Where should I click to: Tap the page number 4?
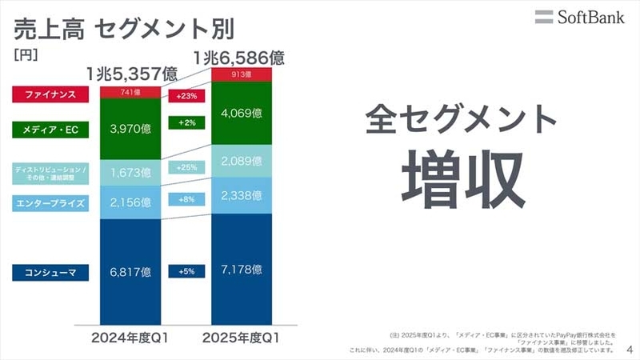[x=630, y=350]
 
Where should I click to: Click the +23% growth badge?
[x=187, y=96]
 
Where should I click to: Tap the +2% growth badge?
[x=187, y=122]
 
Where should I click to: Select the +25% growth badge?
[x=187, y=167]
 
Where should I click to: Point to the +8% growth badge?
[x=187, y=200]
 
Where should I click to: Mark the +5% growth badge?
[x=187, y=270]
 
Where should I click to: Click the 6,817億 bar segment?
[x=130, y=270]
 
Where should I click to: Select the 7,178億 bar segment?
[x=241, y=270]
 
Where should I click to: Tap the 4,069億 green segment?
[x=241, y=112]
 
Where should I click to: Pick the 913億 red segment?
[x=241, y=74]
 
